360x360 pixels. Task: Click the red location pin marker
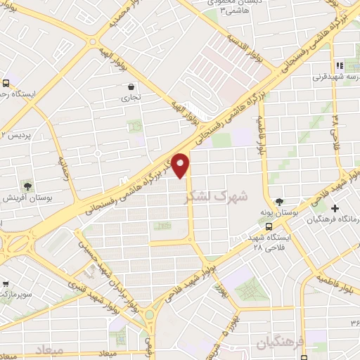click(181, 165)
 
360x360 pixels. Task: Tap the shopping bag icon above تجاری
click(131, 87)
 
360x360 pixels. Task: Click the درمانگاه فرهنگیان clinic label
click(334, 220)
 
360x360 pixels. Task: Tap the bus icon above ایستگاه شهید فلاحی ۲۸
click(269, 226)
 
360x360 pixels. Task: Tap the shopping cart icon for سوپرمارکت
click(6, 284)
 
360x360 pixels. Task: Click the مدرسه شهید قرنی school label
click(343, 76)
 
